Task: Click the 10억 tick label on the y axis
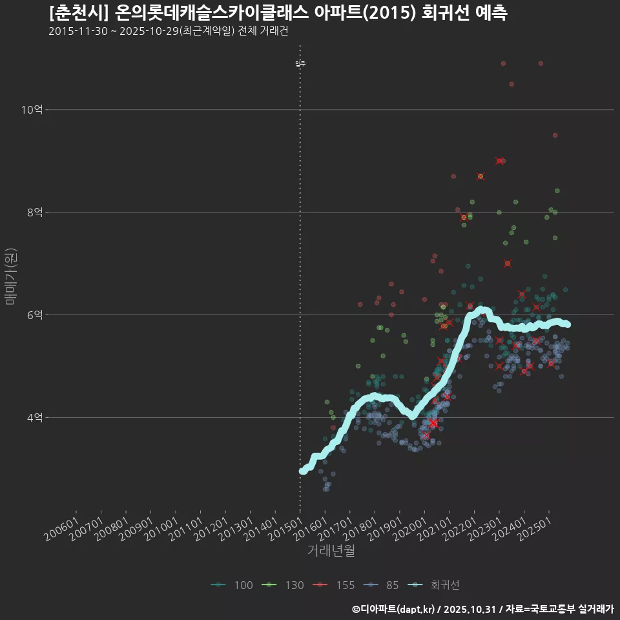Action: pos(32,110)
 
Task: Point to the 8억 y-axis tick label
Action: pos(34,212)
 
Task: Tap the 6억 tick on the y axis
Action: pos(34,315)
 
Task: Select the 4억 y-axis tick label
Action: pos(34,417)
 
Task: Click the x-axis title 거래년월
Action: pos(331,551)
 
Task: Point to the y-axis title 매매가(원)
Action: pos(11,276)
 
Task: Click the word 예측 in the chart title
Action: pos(490,13)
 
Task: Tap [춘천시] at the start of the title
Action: pos(77,13)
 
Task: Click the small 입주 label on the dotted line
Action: pos(300,64)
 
